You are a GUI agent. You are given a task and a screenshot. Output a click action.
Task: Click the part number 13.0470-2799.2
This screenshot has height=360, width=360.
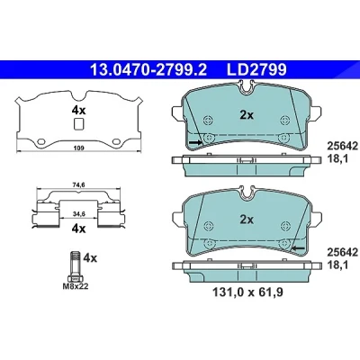click(148, 70)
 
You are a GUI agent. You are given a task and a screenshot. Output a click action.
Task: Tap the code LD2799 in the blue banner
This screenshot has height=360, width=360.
click(256, 70)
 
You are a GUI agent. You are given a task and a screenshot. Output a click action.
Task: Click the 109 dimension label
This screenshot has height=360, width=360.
click(79, 148)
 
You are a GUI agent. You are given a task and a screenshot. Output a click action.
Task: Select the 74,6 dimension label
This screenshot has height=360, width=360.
click(79, 185)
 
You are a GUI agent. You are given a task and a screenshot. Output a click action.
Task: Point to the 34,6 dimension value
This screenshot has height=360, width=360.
click(79, 213)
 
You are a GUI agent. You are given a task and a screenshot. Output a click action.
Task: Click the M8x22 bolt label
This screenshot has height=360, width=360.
click(76, 286)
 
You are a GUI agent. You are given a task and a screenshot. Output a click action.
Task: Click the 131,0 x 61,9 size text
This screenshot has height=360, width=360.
click(247, 292)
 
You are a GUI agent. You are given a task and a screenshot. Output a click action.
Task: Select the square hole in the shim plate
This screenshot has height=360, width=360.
click(78, 124)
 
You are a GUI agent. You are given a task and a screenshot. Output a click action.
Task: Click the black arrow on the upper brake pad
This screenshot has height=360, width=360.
click(195, 142)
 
